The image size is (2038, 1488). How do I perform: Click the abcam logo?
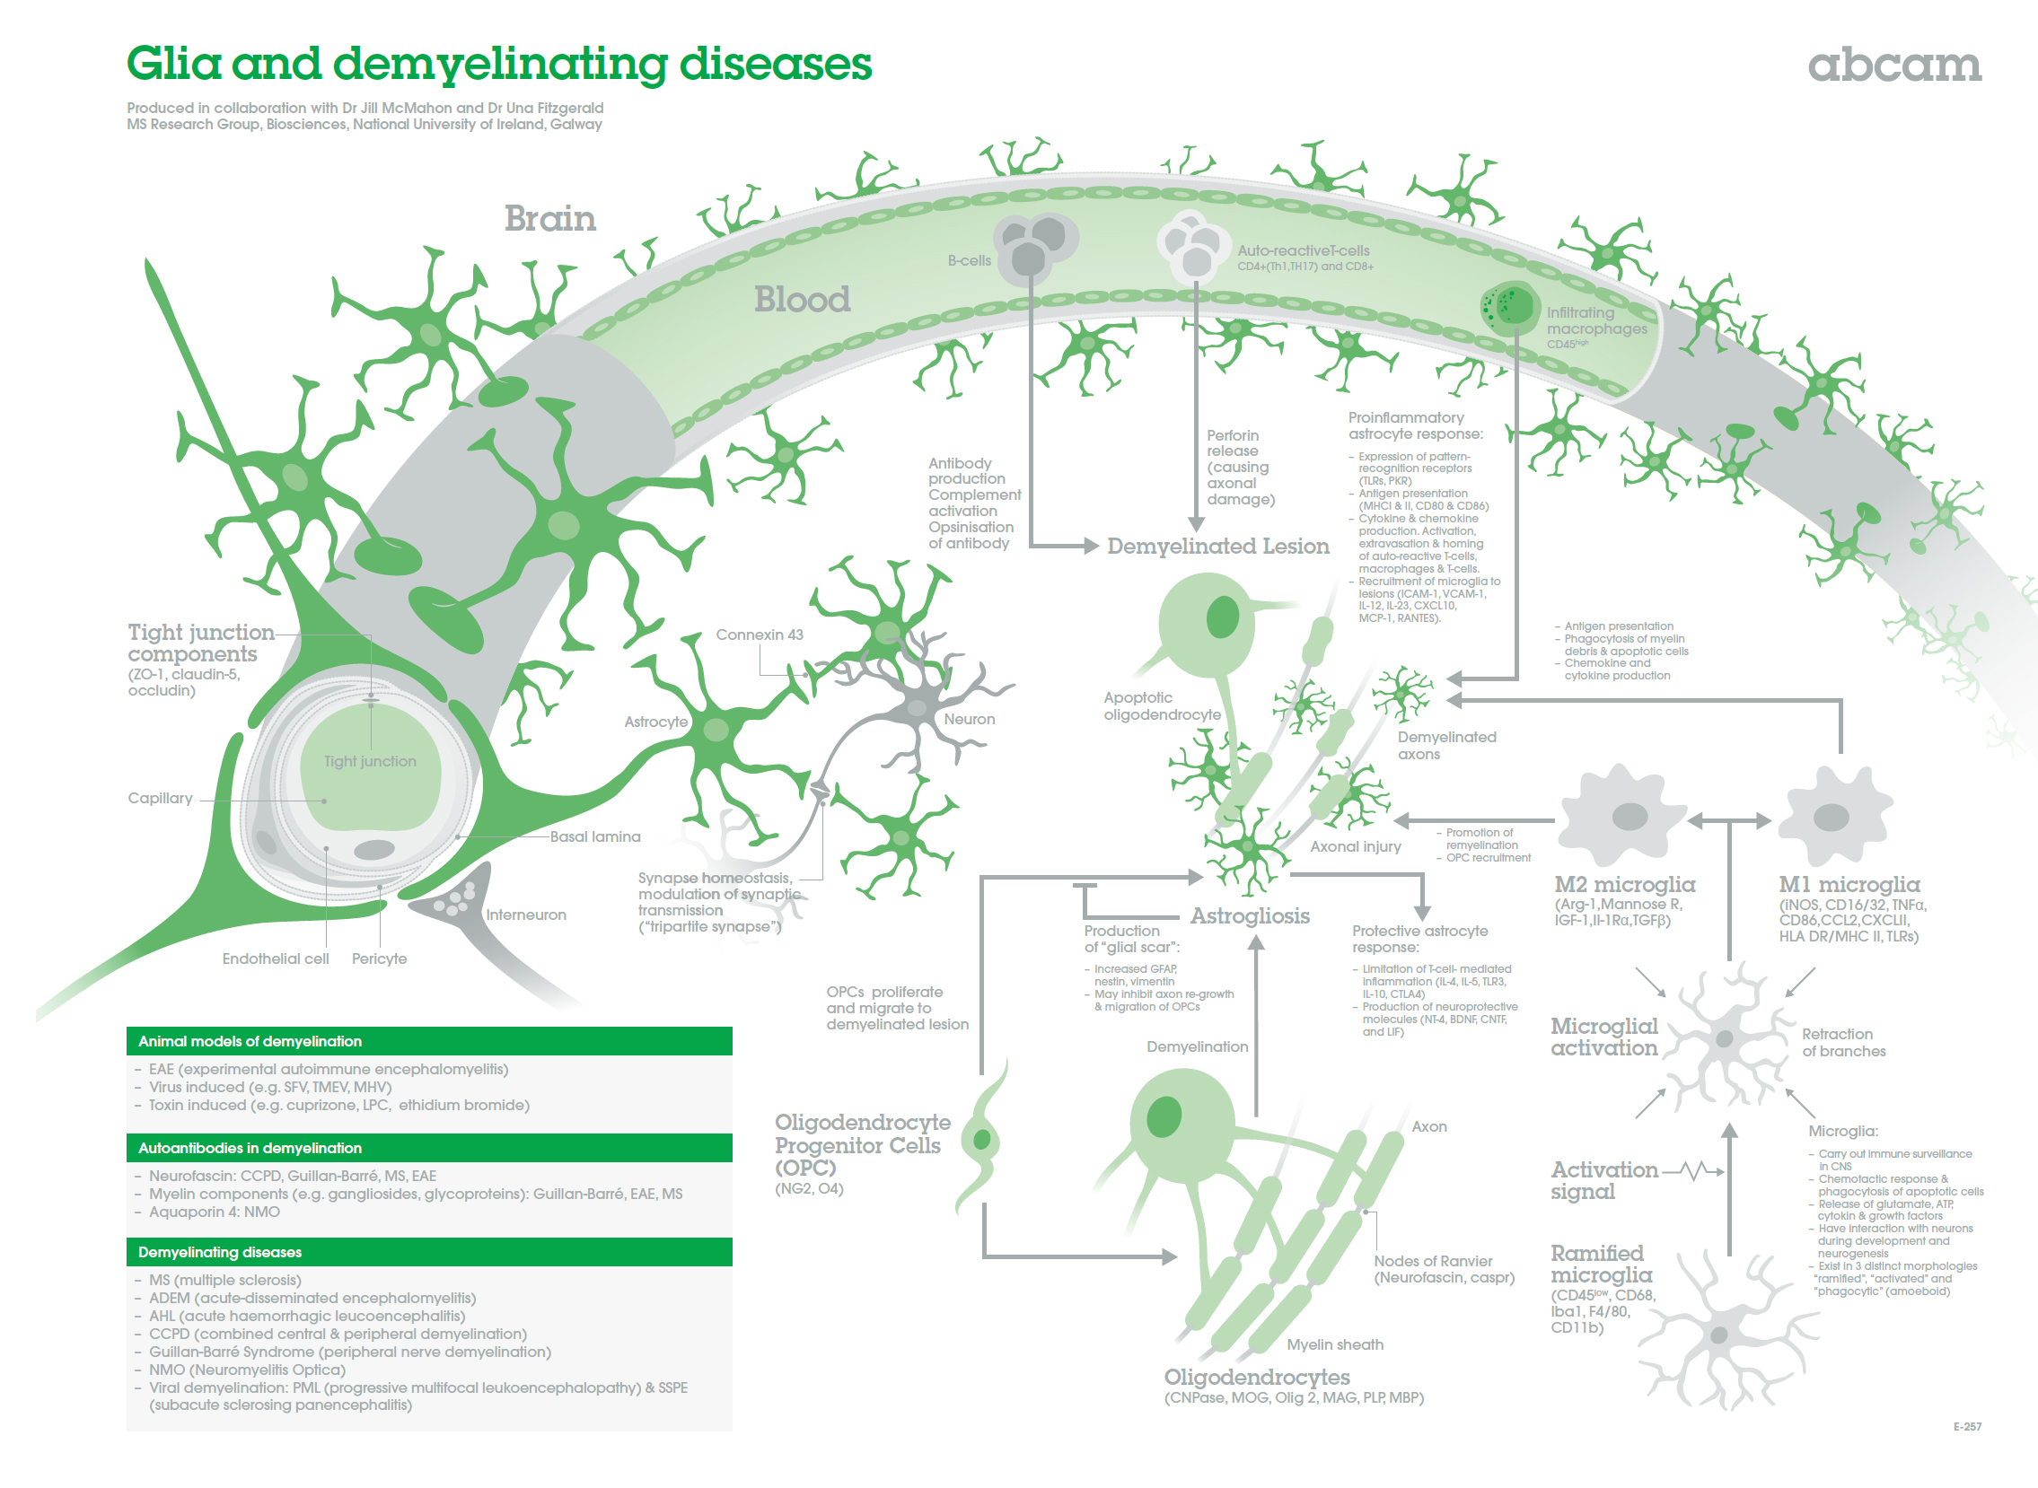[1893, 65]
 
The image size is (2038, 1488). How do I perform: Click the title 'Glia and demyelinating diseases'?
[498, 64]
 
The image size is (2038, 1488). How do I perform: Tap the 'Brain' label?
[549, 219]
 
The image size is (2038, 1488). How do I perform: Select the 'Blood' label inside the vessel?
[802, 299]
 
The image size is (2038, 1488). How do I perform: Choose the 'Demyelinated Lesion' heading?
[1217, 546]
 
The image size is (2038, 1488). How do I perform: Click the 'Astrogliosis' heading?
[1250, 916]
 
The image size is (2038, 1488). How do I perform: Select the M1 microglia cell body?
[1834, 815]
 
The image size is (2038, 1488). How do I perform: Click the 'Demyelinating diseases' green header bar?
[429, 1252]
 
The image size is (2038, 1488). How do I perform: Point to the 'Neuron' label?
[970, 719]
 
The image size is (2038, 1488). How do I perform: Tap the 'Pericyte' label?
[379, 958]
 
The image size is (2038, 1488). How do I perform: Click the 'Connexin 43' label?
[760, 635]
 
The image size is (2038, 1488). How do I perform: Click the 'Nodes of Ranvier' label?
[1433, 1261]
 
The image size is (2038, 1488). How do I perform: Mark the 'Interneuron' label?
[526, 915]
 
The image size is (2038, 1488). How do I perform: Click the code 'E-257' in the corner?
[1967, 1427]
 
